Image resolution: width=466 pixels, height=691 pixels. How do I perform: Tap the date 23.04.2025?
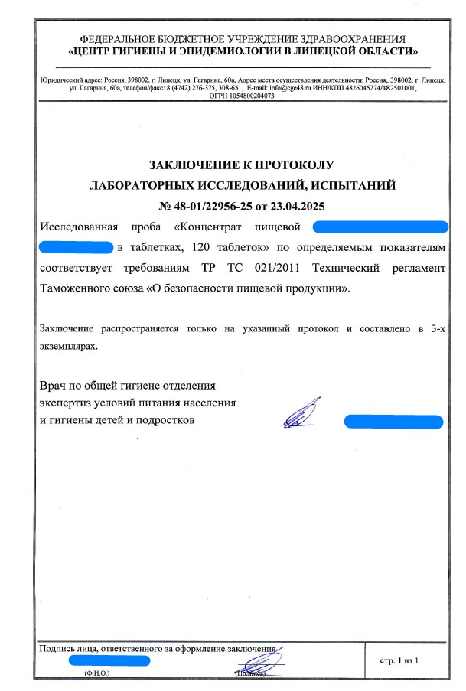pyautogui.click(x=298, y=205)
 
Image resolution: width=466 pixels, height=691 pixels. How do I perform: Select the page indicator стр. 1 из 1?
pyautogui.click(x=399, y=659)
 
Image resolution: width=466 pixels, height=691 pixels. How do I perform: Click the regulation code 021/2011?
pyautogui.click(x=270, y=269)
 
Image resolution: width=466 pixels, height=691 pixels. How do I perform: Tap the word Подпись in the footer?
pyautogui.click(x=57, y=649)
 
